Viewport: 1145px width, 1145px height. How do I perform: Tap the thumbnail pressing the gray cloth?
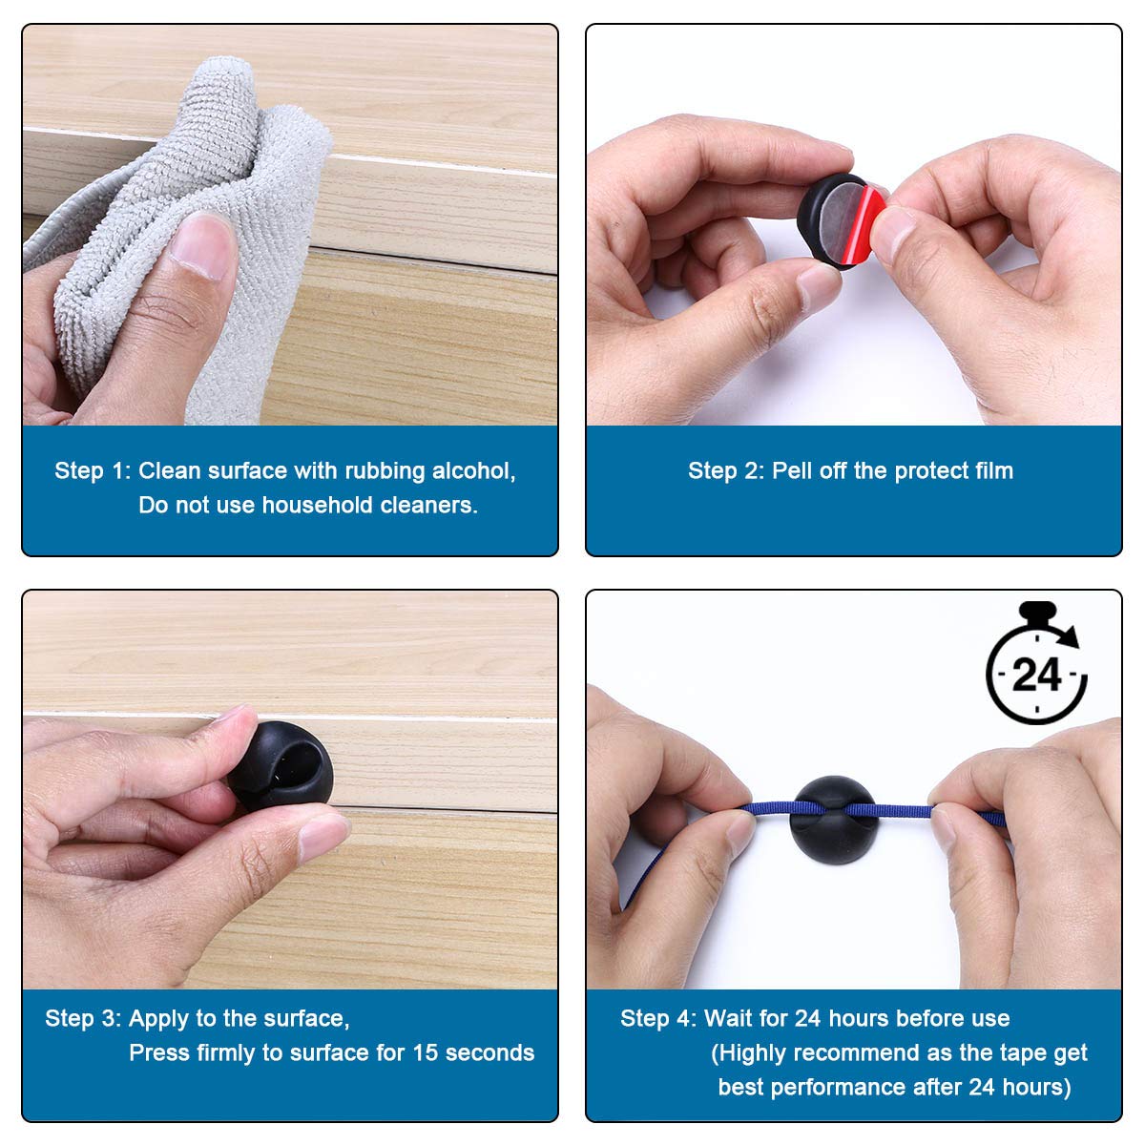click(200, 245)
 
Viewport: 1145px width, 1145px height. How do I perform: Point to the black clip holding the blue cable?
click(833, 820)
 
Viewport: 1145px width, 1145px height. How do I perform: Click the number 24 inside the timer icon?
click(1036, 675)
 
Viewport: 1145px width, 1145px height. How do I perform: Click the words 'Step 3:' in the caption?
click(83, 1018)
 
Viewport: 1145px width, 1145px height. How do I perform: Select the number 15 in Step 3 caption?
click(426, 1052)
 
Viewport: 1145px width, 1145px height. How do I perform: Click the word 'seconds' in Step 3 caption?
click(489, 1052)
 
